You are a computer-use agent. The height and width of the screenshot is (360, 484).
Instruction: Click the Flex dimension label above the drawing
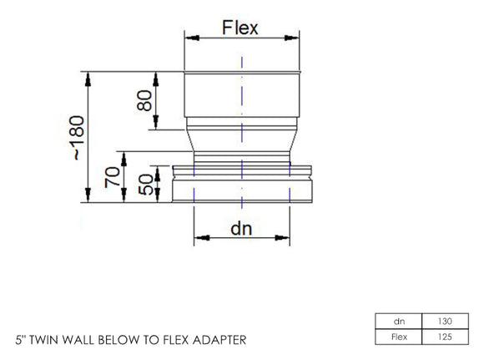[x=240, y=27]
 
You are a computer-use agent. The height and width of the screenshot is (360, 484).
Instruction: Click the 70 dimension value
[x=111, y=178]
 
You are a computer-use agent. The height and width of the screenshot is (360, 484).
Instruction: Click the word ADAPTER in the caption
[x=220, y=341]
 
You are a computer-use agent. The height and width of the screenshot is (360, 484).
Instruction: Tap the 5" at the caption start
[x=21, y=341]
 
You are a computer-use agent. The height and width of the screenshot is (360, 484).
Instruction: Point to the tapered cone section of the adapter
[x=240, y=139]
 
